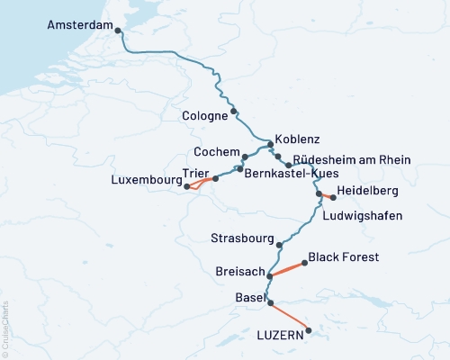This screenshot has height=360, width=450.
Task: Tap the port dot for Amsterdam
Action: pos(117,31)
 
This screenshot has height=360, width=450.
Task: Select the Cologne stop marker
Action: pos(235,112)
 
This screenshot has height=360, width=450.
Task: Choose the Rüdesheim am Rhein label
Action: pos(353,159)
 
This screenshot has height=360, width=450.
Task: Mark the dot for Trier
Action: pos(215,178)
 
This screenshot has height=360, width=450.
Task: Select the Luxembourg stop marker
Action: pos(186,187)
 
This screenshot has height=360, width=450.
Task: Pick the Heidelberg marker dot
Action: pos(334,197)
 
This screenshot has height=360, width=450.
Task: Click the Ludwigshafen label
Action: pos(363,216)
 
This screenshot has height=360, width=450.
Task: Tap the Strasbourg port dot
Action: pos(280,244)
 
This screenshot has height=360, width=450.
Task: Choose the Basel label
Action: pos(250,298)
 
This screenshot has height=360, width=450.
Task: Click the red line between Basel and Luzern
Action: pos(289,317)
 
